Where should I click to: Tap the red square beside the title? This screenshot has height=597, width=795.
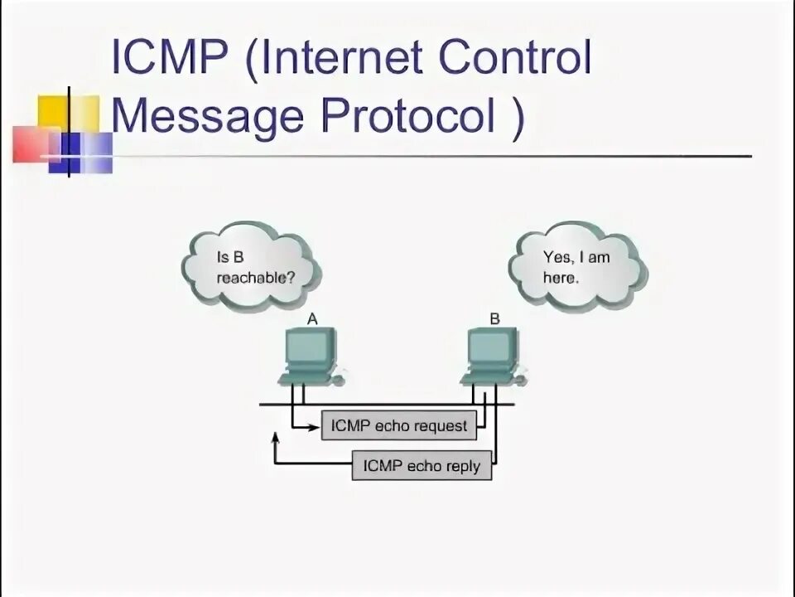tap(33, 143)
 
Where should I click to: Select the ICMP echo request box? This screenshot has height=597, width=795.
tap(399, 426)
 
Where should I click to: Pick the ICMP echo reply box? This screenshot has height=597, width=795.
tap(422, 465)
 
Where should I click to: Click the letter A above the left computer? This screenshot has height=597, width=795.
tap(312, 318)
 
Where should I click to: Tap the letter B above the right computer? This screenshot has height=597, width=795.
tap(494, 318)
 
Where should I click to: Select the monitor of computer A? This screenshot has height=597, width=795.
tap(309, 348)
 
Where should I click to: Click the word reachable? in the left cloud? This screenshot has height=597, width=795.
tap(256, 278)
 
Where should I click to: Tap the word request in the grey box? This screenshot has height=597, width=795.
tap(441, 427)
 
